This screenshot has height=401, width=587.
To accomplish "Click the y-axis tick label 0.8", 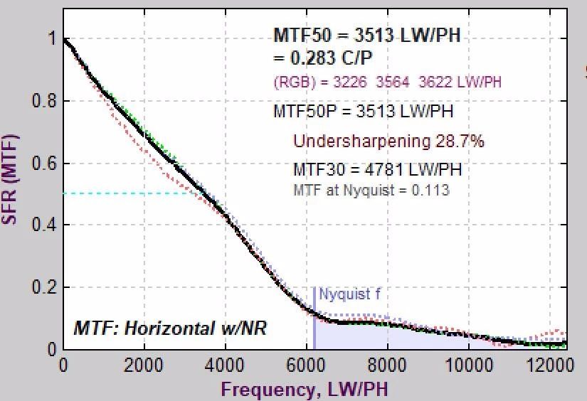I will pyautogui.click(x=43, y=101).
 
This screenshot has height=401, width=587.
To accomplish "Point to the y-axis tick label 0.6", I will pyautogui.click(x=43, y=164).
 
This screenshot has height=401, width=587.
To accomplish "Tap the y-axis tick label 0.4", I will pyautogui.click(x=43, y=225).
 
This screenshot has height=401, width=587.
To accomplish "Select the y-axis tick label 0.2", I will pyautogui.click(x=43, y=287).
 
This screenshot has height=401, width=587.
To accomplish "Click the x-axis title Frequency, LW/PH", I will pyautogui.click(x=305, y=389).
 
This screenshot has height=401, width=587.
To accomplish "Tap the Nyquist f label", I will pyautogui.click(x=344, y=294).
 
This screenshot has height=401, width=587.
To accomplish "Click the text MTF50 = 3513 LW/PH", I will pyautogui.click(x=367, y=36).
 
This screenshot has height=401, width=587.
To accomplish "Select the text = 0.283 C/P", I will pyautogui.click(x=325, y=58).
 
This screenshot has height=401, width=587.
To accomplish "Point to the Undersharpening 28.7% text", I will pyautogui.click(x=388, y=141).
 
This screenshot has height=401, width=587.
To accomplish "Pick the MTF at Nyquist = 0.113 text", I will pyautogui.click(x=371, y=190).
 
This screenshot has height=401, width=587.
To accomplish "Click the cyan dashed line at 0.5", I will pyautogui.click(x=128, y=193).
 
